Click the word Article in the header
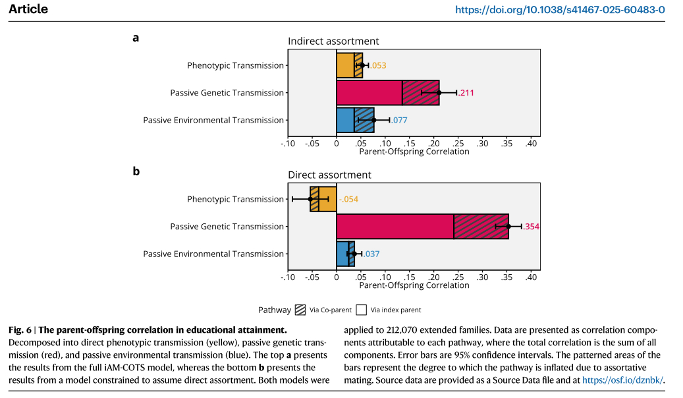click(28, 10)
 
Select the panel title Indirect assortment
click(333, 42)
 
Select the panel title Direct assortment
click(329, 175)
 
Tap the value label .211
click(466, 93)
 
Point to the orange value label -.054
click(348, 199)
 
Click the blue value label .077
click(399, 121)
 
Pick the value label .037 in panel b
click(371, 254)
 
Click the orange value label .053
click(378, 65)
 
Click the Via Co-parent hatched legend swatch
click(300, 310)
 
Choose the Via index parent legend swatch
click(361, 310)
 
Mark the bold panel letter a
click(136, 38)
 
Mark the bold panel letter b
click(136, 171)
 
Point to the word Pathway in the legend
click(275, 310)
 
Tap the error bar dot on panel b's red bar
click(508, 226)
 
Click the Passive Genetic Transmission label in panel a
click(227, 93)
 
